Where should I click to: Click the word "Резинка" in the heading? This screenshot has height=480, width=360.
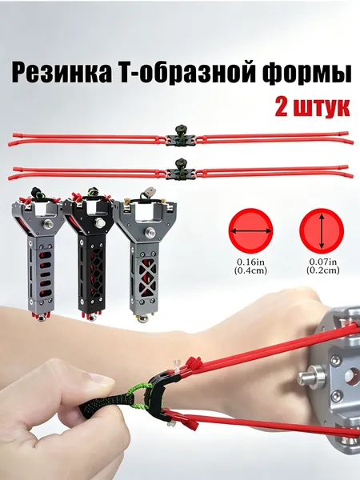point(61,74)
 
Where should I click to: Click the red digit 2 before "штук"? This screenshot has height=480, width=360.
point(282,107)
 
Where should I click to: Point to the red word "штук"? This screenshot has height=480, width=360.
point(322,108)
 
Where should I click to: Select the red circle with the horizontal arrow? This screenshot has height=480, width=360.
point(250,231)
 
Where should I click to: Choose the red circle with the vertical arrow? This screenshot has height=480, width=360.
point(322,231)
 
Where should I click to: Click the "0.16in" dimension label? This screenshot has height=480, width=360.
point(250,262)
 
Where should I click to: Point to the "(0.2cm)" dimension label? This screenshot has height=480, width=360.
point(323,270)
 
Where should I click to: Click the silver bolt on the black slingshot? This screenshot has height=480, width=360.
point(99,222)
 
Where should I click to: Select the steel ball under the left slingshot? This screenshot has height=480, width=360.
point(42,318)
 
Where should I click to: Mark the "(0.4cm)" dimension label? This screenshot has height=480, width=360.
point(250,270)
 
